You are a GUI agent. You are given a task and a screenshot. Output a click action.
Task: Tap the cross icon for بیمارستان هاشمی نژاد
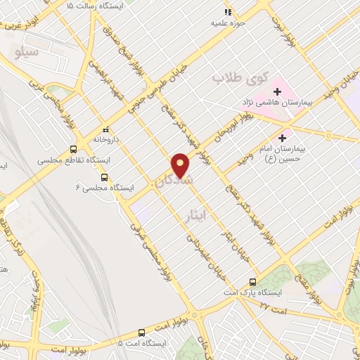278,91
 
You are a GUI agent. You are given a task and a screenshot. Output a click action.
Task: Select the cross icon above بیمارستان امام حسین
284,137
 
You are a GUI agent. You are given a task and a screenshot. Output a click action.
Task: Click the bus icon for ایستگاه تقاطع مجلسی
73,150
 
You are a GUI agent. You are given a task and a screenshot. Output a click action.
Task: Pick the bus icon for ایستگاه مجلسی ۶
105,177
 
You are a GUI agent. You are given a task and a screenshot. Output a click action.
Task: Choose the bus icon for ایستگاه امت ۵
141,332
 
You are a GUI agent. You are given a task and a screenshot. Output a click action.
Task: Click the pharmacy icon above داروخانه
106,129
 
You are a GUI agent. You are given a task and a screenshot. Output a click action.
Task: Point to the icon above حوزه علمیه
227,12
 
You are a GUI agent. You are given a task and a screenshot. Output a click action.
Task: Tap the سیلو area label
27,53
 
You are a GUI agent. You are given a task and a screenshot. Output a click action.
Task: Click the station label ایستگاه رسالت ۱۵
98,6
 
